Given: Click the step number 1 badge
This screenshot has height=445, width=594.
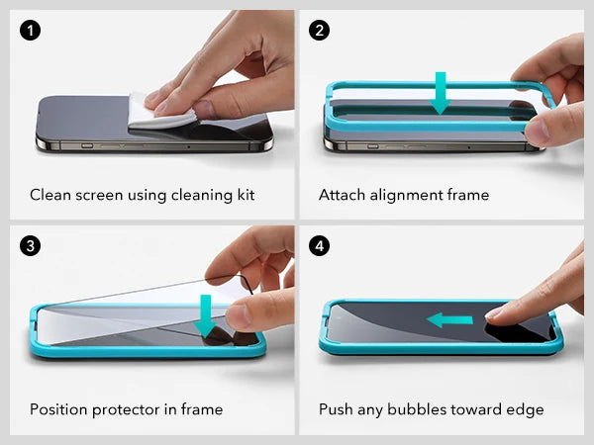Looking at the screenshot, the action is click(31, 31).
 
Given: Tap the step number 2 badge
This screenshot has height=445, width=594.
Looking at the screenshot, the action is click(319, 31).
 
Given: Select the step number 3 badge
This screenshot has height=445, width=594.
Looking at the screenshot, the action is click(31, 245).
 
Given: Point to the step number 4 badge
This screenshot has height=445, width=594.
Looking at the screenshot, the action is click(319, 245).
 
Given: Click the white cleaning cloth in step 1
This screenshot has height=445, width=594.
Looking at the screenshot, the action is click(159, 112).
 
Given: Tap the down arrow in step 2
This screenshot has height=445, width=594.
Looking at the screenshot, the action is click(441, 93).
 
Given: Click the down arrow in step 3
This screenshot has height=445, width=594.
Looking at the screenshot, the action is click(205, 316).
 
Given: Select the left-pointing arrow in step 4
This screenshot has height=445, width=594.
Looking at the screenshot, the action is click(449, 320).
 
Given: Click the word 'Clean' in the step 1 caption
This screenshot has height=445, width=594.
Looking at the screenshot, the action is click(50, 195).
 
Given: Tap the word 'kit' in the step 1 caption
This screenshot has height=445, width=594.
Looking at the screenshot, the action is click(246, 195).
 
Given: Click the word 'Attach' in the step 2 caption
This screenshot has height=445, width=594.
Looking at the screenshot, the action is click(343, 195).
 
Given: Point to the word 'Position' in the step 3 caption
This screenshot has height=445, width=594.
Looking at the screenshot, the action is click(59, 409).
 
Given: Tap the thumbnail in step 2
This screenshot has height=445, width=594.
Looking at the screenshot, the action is click(536, 130).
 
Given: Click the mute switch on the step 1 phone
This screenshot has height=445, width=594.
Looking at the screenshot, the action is click(87, 145).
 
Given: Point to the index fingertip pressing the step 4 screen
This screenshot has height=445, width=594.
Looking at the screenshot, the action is click(494, 313).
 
